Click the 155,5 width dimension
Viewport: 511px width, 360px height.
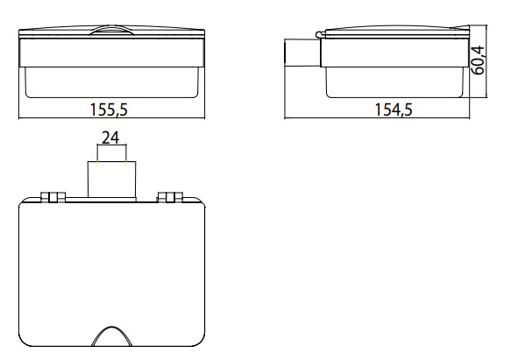pos(109,109)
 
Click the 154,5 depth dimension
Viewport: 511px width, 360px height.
pos(394,109)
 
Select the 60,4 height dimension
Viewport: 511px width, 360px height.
pos(478,60)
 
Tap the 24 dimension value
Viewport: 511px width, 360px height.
pos(110,138)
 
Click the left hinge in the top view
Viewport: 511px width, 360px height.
pos(53,197)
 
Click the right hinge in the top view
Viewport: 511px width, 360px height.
pos(170,197)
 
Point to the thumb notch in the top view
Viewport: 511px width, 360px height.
pos(112,335)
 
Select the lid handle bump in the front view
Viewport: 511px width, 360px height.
pos(111,30)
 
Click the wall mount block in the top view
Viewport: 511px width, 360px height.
pos(112,180)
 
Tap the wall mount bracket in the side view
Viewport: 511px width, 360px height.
pos(302,53)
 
